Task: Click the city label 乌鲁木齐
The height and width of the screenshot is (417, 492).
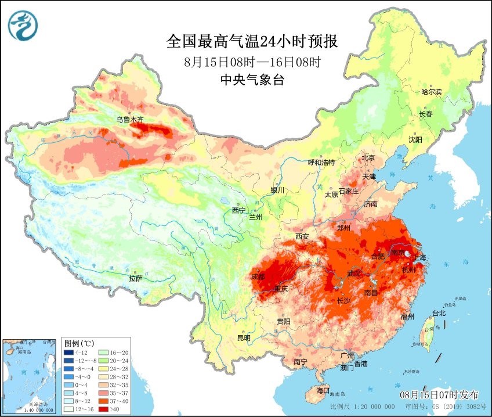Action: (x=129, y=120)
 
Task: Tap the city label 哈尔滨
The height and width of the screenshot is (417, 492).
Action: (x=431, y=92)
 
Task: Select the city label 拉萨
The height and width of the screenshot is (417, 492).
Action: (x=135, y=278)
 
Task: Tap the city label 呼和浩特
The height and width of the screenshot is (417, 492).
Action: (x=321, y=163)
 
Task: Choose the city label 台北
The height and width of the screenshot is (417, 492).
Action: (x=439, y=313)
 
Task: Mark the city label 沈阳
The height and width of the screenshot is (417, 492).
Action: (x=415, y=139)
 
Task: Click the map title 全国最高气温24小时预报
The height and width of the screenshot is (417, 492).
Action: (x=252, y=42)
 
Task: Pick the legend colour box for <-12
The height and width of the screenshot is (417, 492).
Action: (x=69, y=353)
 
